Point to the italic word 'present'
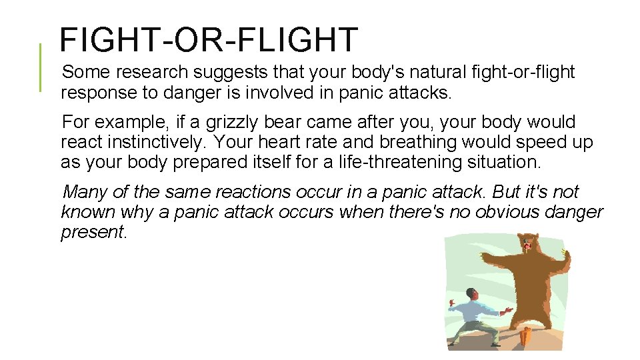(x=91, y=232)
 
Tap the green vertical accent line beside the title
(x=40, y=67)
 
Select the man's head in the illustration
(x=471, y=294)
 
